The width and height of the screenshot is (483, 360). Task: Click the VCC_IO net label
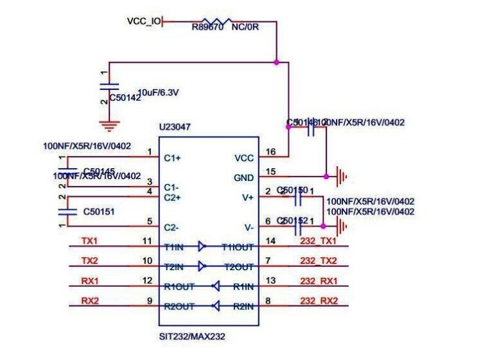point(144,22)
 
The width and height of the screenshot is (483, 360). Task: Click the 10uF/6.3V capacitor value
point(158,93)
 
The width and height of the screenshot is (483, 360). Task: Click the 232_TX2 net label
point(319,261)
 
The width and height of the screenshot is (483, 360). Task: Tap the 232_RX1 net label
point(319,281)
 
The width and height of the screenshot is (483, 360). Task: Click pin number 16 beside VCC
point(270,152)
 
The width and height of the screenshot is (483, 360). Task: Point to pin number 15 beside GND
point(270,171)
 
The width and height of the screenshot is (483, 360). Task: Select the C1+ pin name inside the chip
point(172,157)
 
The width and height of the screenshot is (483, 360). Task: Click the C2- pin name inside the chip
point(171,227)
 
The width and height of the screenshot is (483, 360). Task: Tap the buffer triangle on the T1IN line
point(202,246)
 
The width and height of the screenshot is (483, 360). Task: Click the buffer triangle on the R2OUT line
point(216,306)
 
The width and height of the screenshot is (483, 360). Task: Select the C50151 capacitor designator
point(99,210)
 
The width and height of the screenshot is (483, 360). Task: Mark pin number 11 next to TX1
point(148,241)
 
